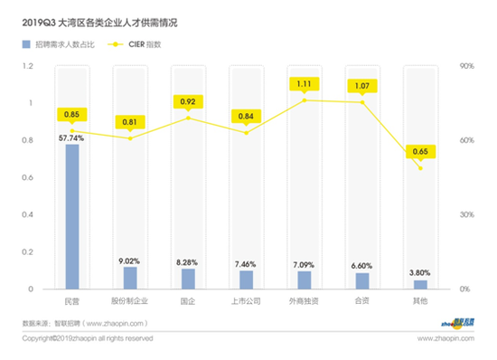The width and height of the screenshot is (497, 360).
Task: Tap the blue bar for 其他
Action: pyautogui.click(x=420, y=284)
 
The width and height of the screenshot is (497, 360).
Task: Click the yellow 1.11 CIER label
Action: pyautogui.click(x=305, y=84)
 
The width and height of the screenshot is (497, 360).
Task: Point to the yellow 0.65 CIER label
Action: pyautogui.click(x=420, y=150)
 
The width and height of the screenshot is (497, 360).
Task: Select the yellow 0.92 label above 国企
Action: pyautogui.click(x=188, y=101)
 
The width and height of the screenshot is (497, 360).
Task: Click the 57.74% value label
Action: pyautogui.click(x=72, y=138)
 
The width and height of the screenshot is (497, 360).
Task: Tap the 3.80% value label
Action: pyautogui.click(x=420, y=272)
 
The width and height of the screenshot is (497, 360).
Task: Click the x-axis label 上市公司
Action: pyautogui.click(x=246, y=299)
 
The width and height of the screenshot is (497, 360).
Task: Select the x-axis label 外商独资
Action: pyautogui.click(x=305, y=299)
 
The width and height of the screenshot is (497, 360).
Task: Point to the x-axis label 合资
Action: pyautogui.click(x=362, y=299)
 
